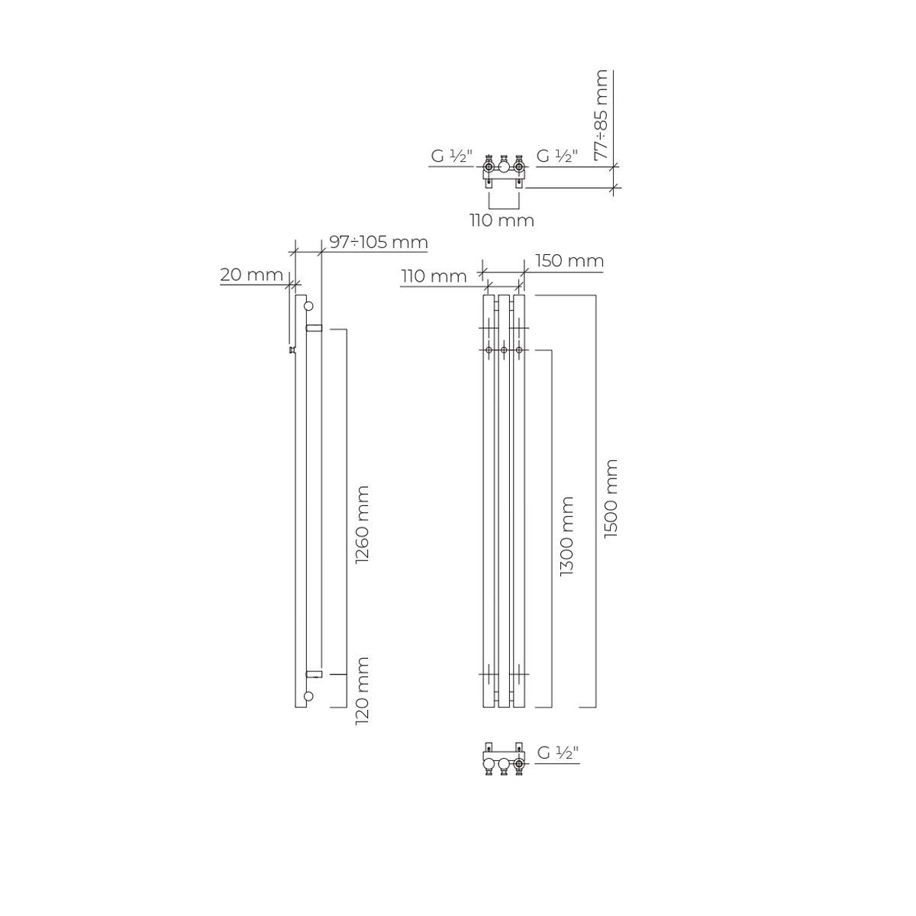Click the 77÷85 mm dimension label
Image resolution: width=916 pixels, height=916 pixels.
[x=602, y=114]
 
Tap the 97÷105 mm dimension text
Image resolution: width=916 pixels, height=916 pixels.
[x=379, y=243]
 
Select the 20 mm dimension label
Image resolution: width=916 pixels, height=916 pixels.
[x=251, y=275]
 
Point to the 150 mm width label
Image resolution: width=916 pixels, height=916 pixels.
[x=569, y=261]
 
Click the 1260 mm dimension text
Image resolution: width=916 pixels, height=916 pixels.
[x=363, y=524]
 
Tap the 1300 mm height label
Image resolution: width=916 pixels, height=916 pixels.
[x=566, y=536]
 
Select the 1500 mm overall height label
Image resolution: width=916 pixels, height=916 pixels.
[x=611, y=498]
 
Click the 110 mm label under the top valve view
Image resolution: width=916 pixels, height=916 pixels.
[x=502, y=221]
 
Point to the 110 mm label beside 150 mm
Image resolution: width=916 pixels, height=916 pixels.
[x=434, y=276]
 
